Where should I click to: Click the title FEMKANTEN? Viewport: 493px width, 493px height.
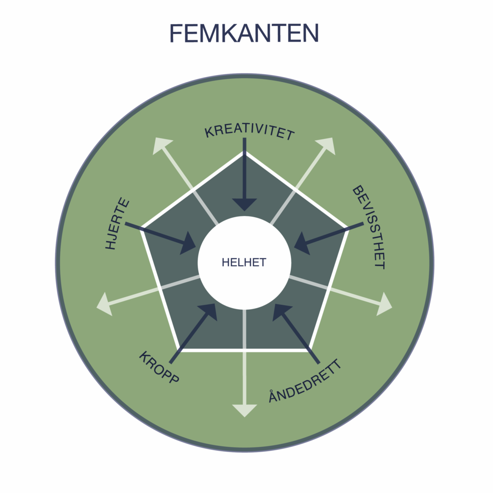click(x=244, y=33)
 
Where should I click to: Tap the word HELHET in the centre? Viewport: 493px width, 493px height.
click(x=244, y=262)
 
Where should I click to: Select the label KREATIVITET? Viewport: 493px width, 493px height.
click(x=249, y=132)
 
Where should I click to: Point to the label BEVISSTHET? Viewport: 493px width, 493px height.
click(x=368, y=227)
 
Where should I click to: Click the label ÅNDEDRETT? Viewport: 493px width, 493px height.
click(x=305, y=381)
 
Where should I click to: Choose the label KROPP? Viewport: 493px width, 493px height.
click(x=159, y=367)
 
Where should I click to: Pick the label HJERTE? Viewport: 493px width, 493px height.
click(x=117, y=223)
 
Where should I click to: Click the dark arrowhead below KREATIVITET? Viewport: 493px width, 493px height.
click(x=245, y=205)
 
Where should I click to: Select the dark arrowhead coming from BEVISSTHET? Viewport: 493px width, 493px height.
click(x=302, y=243)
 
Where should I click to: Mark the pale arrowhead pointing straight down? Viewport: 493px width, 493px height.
click(x=245, y=411)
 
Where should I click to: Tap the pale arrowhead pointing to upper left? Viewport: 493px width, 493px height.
click(x=161, y=145)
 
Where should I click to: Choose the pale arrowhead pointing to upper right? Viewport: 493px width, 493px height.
click(x=327, y=145)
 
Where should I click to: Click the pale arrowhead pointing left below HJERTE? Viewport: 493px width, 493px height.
click(x=105, y=304)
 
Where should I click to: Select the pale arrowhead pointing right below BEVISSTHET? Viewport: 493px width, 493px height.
click(x=384, y=304)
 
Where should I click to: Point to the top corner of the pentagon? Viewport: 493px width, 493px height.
click(x=244, y=152)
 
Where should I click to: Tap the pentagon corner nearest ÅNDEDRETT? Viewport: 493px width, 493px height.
click(x=310, y=350)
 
